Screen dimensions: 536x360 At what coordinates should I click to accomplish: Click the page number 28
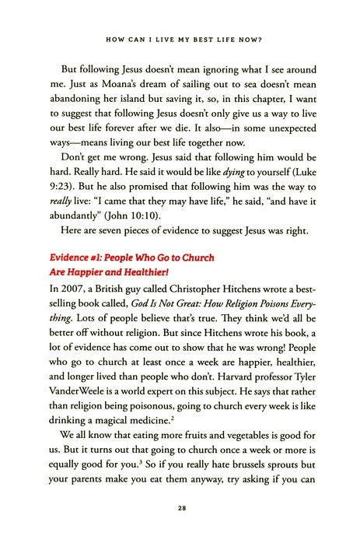tap(180, 509)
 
